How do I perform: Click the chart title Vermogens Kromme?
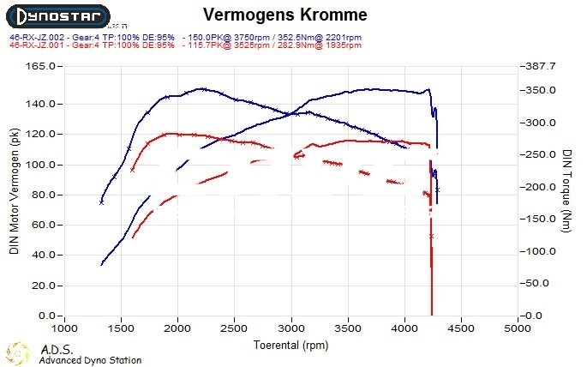tap(285, 15)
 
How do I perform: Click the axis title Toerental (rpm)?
tap(291, 344)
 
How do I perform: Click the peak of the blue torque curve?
tap(200, 88)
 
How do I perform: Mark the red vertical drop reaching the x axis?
tap(431, 283)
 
